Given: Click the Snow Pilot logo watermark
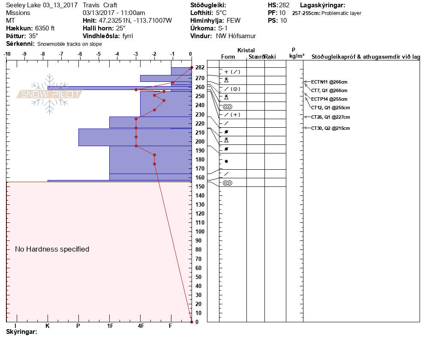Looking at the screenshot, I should coord(49,94).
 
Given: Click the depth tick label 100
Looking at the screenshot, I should coord(200,232).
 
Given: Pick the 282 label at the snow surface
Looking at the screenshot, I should coord(200,68).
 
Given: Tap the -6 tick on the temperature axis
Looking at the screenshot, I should coord(80,54).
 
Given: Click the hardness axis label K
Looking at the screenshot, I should coord(48,326).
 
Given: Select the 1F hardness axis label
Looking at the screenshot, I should coord(110,326).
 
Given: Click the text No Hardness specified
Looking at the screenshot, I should coord(52,249).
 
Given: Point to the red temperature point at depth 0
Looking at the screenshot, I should coord(191,321).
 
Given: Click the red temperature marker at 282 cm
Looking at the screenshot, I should coord(191,68).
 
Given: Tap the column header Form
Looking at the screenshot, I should coord(228,57).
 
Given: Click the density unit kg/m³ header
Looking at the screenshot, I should coord(296,56).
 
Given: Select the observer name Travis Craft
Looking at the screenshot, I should coord(101,6).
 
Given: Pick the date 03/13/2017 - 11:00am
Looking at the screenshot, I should coord(114,13).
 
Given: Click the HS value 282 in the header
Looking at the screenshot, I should coord(284,6).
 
